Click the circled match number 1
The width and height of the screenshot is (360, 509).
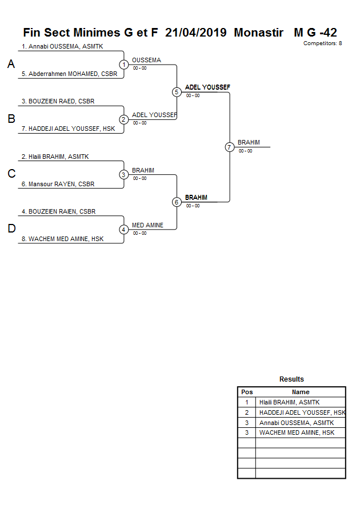pos(123,65)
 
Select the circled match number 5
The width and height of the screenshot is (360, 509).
pos(177,92)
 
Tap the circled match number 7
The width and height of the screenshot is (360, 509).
pos(229,147)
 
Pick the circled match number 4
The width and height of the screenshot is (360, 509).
pos(123,230)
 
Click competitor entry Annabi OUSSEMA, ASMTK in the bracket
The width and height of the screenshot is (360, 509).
pos(62,47)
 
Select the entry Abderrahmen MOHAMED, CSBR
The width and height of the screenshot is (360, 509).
pos(69,74)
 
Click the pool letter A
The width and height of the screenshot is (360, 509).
pos(11,65)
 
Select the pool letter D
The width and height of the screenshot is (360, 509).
pos(11,229)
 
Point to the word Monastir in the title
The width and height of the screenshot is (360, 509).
pos(258,33)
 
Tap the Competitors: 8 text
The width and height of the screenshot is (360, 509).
pos(322,43)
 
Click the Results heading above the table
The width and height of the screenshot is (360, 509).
pos(291,379)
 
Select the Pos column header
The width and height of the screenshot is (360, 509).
pos(247,392)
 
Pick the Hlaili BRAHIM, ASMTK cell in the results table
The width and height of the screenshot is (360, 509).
pos(289,402)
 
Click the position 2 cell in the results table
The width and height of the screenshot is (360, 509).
pos(247,412)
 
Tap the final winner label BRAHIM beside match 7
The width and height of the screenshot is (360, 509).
pos(249,143)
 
